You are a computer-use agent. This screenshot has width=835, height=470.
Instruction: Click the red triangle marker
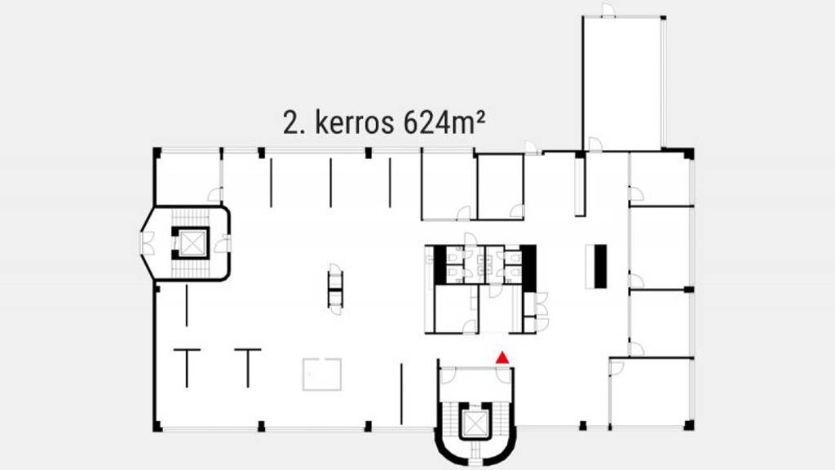[503, 356]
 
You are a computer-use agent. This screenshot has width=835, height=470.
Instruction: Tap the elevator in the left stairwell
[191, 242]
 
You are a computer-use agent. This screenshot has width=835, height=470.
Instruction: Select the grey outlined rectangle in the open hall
[323, 374]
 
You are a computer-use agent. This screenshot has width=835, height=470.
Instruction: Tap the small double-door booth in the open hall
[335, 286]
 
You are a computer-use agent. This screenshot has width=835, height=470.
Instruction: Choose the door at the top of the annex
[608, 11]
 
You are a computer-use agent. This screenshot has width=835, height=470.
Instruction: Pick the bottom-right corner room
[651, 392]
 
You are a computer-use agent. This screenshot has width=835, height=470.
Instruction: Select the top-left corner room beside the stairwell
[188, 175]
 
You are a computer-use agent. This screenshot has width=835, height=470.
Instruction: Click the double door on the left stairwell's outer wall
[148, 242]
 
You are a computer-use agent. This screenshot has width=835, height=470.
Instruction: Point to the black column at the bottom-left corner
[157, 426]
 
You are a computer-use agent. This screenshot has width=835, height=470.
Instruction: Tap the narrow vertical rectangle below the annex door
[579, 186]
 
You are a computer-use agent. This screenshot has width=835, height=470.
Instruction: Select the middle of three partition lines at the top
[330, 183]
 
